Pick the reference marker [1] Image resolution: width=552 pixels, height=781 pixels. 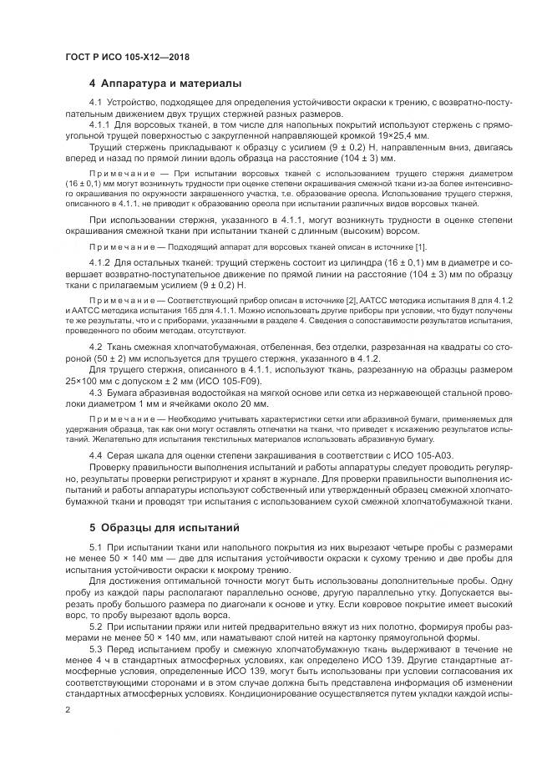421,246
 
